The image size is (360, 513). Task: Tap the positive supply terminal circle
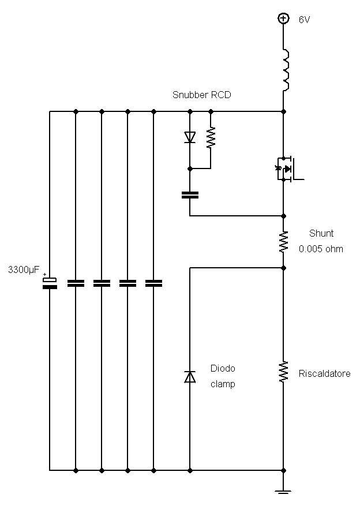click(x=283, y=18)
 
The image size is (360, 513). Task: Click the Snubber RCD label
click(x=201, y=95)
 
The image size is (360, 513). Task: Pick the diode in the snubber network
click(x=189, y=137)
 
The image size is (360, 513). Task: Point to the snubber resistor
click(x=211, y=138)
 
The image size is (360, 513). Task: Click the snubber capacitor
click(x=189, y=194)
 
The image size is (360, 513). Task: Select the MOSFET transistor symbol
click(x=287, y=168)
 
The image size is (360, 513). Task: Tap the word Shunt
click(x=321, y=234)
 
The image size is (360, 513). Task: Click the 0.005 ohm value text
click(x=321, y=249)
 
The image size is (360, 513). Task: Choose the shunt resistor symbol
click(x=283, y=242)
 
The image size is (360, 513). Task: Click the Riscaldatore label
click(x=324, y=374)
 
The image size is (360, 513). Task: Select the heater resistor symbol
click(x=283, y=372)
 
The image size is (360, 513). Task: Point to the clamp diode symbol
click(x=189, y=376)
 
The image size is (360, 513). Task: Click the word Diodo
click(x=223, y=369)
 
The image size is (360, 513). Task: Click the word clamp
click(x=223, y=384)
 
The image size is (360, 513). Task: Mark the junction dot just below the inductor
click(x=283, y=111)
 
